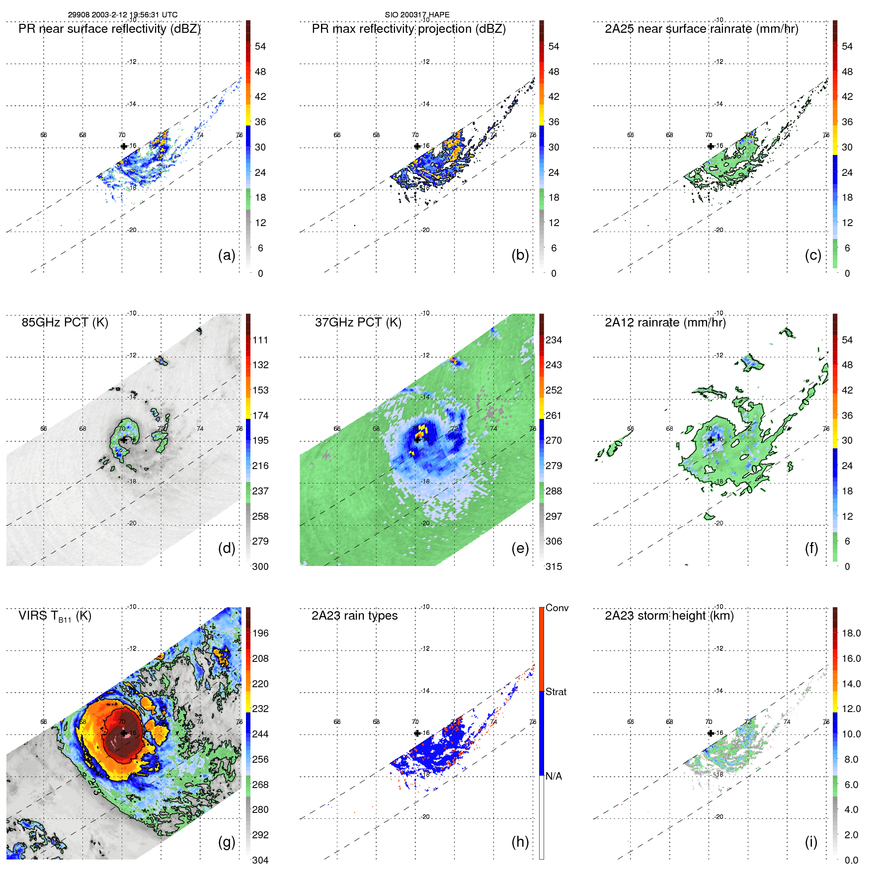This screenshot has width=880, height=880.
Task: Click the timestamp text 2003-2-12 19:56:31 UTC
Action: (135, 15)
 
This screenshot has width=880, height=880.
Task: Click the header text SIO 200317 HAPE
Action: (417, 15)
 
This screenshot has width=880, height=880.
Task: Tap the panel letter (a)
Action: (227, 255)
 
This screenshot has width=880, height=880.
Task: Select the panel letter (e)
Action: (520, 549)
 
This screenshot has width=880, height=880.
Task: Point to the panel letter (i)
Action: (811, 842)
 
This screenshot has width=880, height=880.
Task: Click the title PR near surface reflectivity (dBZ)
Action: (109, 29)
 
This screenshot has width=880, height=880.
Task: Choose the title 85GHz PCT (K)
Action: (65, 322)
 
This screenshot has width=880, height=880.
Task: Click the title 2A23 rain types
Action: (354, 616)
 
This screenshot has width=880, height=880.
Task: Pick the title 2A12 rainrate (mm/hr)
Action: (665, 322)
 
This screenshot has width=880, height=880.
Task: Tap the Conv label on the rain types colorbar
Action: (557, 608)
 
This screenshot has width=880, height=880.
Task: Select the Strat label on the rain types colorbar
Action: (556, 692)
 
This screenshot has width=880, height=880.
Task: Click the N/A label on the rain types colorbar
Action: (554, 776)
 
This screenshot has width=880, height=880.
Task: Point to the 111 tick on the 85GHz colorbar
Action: (260, 340)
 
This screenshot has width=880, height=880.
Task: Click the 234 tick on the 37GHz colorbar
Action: (554, 340)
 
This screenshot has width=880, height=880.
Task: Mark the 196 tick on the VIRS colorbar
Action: (260, 633)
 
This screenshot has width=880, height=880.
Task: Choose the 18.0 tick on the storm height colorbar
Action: (851, 633)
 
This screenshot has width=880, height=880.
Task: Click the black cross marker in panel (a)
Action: (124, 146)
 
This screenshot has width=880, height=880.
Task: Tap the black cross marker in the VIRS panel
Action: (124, 733)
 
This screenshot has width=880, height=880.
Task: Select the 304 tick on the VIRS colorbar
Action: (260, 860)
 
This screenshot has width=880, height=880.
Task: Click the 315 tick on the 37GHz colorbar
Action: (554, 566)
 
